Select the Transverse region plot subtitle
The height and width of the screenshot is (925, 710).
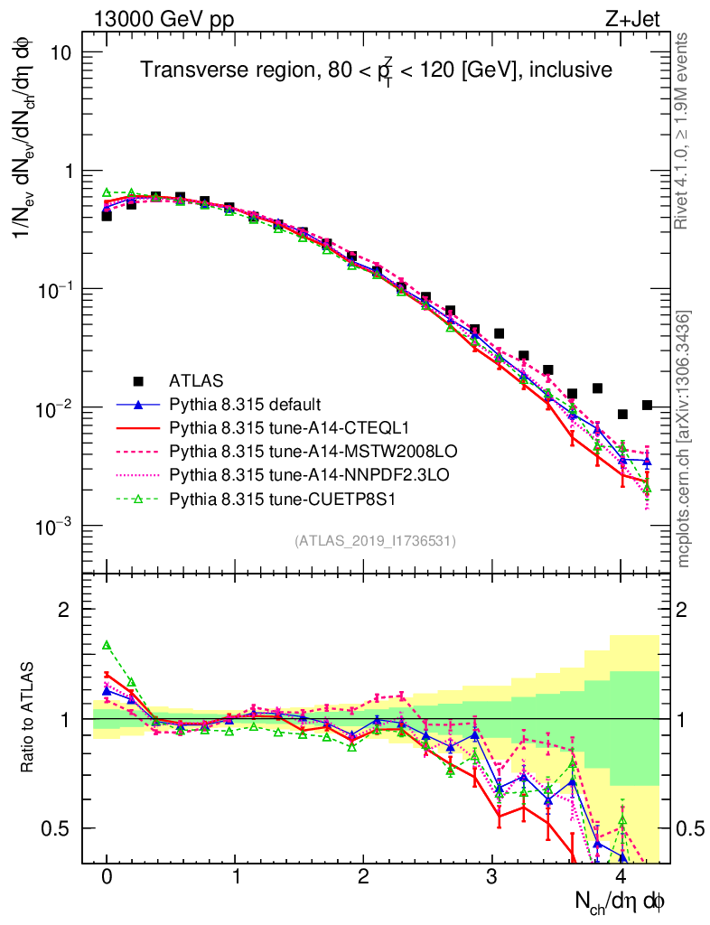[377, 70]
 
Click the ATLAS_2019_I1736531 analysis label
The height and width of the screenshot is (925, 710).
[375, 541]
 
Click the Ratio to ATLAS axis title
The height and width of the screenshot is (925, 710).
[31, 718]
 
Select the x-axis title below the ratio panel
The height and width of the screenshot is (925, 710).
[621, 901]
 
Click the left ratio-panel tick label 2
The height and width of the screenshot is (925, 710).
[63, 610]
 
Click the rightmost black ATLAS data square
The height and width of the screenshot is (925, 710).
[647, 405]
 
